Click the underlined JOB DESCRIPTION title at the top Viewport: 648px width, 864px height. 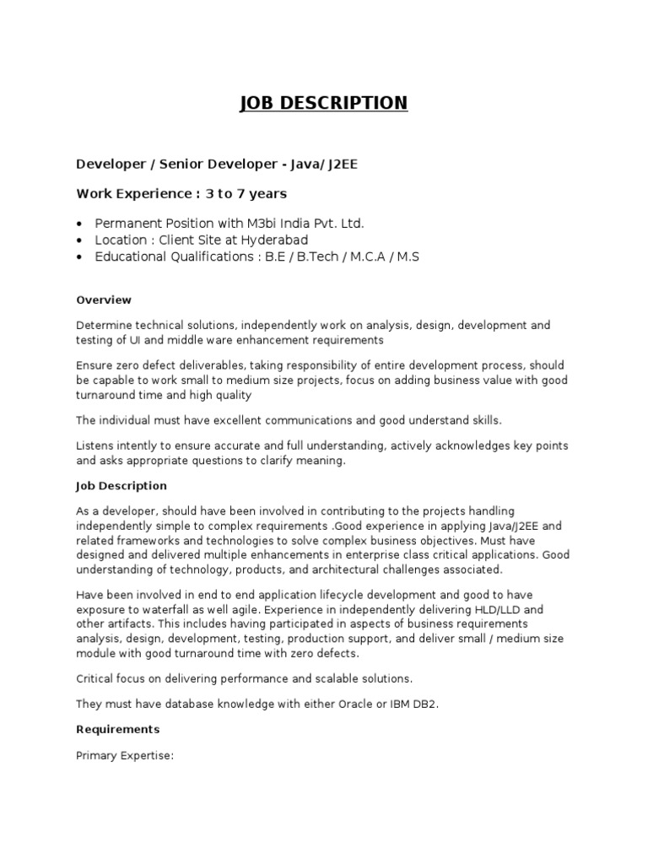coord(324,103)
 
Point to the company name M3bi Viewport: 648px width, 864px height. coord(262,224)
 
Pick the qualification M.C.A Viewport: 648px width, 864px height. coord(369,256)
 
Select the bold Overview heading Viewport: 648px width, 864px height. coord(104,300)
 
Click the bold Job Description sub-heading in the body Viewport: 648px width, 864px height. coord(121,486)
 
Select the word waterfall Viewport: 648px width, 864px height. coord(165,610)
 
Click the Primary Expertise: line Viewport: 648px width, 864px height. coord(124,755)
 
